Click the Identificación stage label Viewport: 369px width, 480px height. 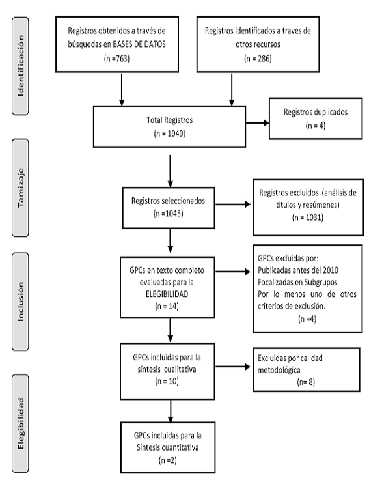(x=21, y=66)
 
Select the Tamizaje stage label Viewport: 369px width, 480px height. (x=21, y=188)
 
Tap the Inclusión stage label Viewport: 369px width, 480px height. (x=21, y=302)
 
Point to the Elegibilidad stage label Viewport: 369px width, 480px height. (x=21, y=423)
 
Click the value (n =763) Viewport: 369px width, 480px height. (x=117, y=58)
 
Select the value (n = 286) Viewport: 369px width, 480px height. (x=258, y=58)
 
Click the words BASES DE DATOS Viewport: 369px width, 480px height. (x=139, y=44)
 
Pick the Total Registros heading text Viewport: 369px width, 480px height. (x=169, y=120)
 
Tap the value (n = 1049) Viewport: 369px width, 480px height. (x=169, y=134)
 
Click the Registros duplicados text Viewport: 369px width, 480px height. (x=316, y=112)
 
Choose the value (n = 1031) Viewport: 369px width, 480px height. (x=308, y=218)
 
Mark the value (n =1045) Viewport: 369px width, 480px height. (x=169, y=214)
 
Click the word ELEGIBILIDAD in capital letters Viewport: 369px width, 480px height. (x=167, y=294)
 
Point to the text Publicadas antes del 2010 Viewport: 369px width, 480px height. (x=298, y=270)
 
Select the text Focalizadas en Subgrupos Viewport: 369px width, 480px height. (x=297, y=282)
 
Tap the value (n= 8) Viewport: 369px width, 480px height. (x=306, y=382)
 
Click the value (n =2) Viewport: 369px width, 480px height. (x=168, y=460)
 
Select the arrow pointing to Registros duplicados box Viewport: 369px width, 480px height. (x=257, y=123)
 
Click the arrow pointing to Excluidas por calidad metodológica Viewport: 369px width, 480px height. (x=233, y=367)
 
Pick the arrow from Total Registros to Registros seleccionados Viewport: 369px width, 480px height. (x=170, y=171)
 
